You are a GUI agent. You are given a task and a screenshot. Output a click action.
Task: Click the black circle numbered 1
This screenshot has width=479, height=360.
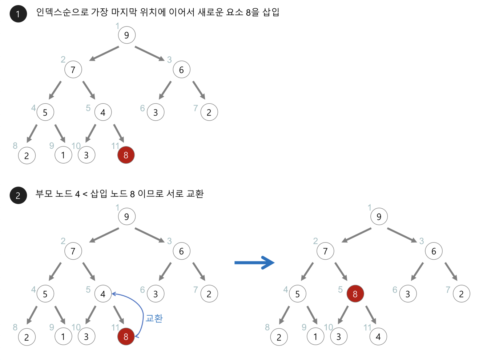coord(18,14)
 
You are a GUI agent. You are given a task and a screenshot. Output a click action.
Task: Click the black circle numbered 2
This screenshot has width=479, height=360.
coord(18,195)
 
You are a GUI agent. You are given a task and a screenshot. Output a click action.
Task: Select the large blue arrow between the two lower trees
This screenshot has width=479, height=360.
coord(254,263)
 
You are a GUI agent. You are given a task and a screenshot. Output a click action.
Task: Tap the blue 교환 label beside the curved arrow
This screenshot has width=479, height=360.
coord(154,319)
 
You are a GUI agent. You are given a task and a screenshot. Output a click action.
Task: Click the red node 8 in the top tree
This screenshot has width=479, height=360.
coord(126,155)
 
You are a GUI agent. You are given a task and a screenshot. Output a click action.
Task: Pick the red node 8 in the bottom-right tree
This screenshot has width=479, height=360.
coord(355,294)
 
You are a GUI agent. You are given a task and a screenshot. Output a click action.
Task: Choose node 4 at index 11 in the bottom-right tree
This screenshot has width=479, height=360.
coord(378,337)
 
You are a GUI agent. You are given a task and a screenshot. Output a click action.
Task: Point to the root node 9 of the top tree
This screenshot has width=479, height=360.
coord(126,35)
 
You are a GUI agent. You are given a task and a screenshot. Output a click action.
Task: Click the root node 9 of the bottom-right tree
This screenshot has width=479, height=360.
coord(379,217)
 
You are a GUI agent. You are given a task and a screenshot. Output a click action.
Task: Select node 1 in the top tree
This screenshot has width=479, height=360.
coord(63,155)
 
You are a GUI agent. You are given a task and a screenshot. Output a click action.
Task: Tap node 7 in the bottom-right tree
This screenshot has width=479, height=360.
coord(325,251)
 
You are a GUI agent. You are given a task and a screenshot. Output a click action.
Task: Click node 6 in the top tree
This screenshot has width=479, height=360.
coord(181,70)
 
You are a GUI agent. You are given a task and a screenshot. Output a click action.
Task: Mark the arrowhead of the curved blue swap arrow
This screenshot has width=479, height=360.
coord(113,294)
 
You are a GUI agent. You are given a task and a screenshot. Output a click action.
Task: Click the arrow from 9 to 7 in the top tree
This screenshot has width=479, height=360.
coord(104,53)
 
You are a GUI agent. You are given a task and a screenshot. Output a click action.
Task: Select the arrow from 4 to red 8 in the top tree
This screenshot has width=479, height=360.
coord(119,133)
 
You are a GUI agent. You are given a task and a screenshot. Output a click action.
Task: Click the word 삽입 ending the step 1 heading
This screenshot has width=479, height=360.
coord(271,12)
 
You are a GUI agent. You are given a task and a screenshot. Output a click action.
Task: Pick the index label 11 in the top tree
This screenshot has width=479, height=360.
coord(115,146)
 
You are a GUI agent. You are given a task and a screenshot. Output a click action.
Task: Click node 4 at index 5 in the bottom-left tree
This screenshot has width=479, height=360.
coord(103,294)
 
